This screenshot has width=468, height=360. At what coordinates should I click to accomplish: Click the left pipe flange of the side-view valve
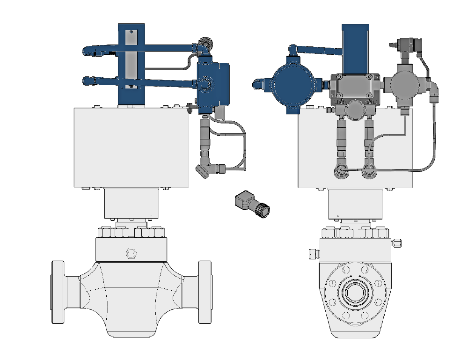[58, 292]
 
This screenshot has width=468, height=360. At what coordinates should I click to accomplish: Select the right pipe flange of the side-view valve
[204, 292]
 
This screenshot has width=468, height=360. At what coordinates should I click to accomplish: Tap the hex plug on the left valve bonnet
[130, 253]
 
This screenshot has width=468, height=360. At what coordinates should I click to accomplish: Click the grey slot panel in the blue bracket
[131, 65]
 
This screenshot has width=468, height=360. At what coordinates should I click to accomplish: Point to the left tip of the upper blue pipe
[86, 50]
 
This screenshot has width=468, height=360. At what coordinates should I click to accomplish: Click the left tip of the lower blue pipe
[86, 81]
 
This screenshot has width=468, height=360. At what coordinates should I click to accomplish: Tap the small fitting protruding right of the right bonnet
[396, 242]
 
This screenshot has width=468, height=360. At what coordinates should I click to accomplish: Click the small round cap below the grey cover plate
[355, 110]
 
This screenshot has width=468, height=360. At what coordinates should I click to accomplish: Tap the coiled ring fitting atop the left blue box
[205, 45]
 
